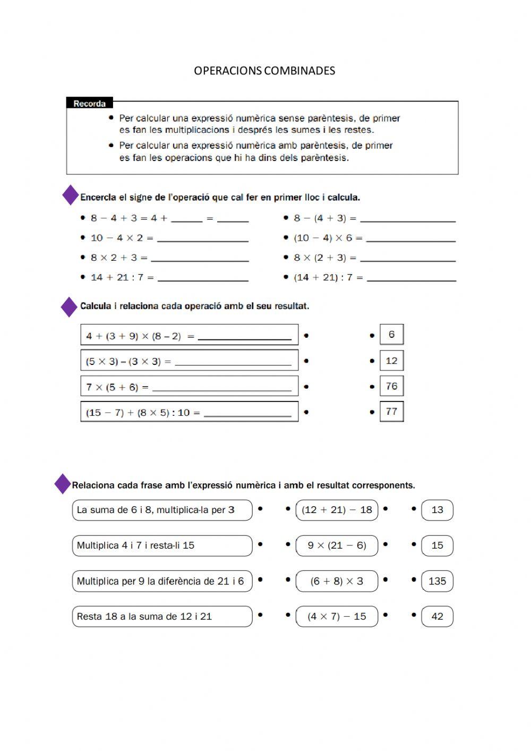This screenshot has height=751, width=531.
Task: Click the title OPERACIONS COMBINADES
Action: [264, 71]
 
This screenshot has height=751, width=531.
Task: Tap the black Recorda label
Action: [89, 104]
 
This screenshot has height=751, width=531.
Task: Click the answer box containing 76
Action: [391, 386]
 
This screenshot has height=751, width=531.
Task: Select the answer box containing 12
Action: [391, 361]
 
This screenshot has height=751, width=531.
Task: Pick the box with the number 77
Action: [391, 411]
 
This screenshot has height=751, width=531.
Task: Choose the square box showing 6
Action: [391, 335]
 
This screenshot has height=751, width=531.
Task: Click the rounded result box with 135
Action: [437, 581]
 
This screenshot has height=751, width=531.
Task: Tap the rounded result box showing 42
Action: [437, 617]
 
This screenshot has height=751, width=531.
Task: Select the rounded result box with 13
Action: [437, 510]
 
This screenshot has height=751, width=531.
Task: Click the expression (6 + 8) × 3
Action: [337, 581]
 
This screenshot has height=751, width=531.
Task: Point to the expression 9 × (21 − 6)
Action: [337, 545]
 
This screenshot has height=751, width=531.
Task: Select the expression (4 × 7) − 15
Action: [337, 617]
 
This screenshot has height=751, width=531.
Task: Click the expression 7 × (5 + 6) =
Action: [117, 387]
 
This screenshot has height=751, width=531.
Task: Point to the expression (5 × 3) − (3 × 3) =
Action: [129, 362]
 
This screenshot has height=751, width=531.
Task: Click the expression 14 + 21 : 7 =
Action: [122, 277]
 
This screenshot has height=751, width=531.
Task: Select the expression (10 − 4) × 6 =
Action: [328, 238]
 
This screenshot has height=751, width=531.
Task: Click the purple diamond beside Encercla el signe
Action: [71, 195]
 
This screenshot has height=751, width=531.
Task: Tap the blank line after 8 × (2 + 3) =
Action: [407, 258]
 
